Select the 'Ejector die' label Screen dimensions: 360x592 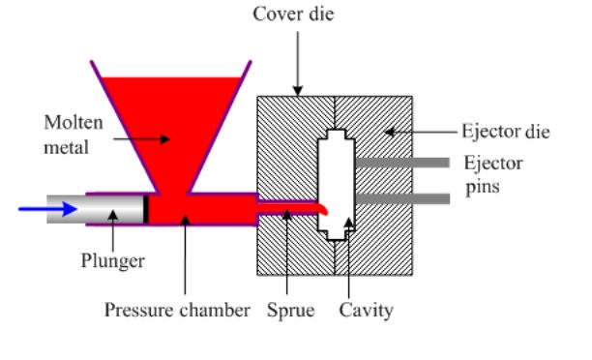pyautogui.click(x=506, y=131)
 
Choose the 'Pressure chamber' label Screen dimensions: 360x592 pyautogui.click(x=177, y=312)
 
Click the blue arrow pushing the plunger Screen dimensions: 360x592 pyautogui.click(x=47, y=207)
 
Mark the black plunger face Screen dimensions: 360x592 pyautogui.click(x=146, y=208)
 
